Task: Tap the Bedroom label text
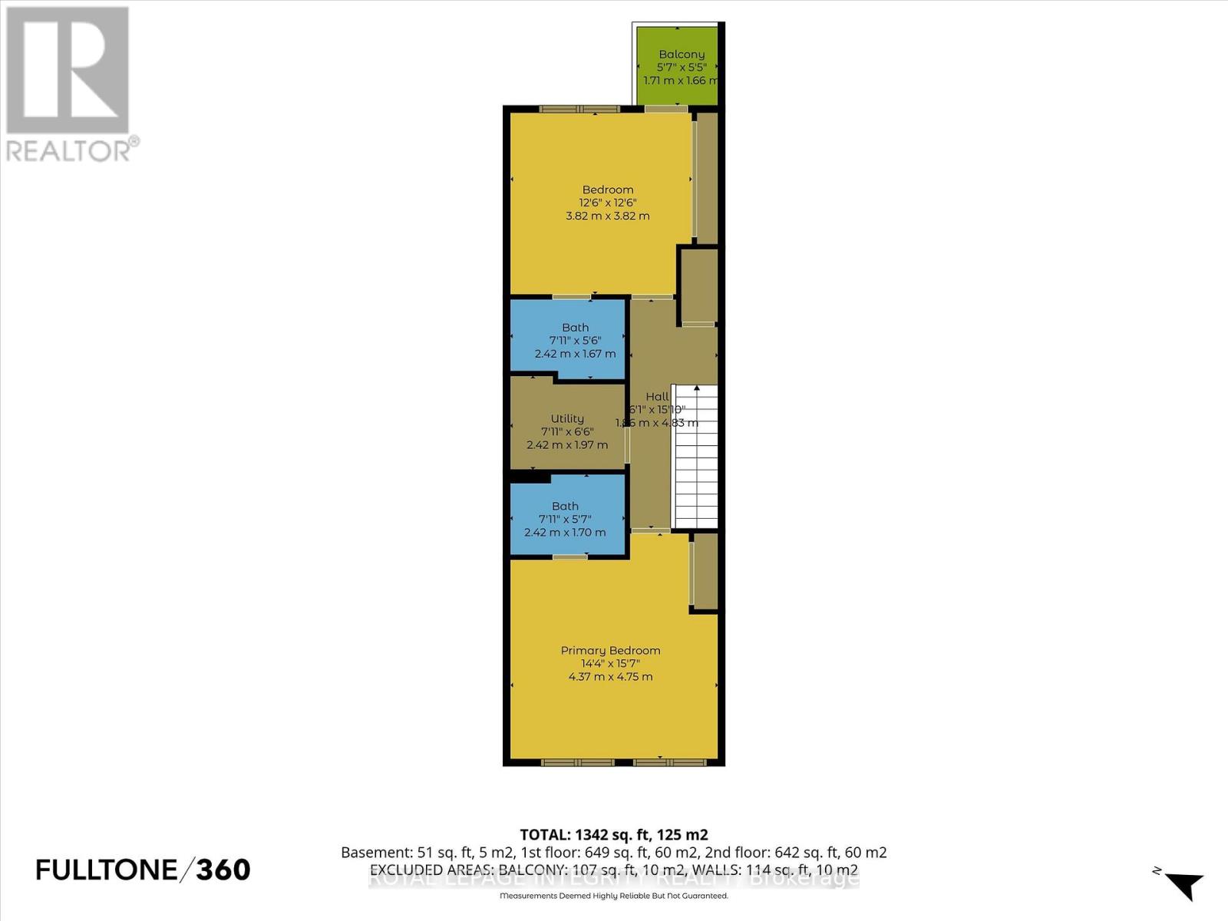[x=608, y=190]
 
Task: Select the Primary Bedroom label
[x=610, y=650]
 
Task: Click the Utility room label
[x=567, y=418]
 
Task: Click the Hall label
[x=657, y=397]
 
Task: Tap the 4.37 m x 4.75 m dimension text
[x=610, y=677]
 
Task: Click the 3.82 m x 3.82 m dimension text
[x=608, y=216]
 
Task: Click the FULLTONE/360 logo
[x=144, y=870]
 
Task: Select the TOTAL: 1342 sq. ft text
[x=613, y=834]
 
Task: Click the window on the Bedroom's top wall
[x=579, y=109]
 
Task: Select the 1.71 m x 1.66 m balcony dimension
[x=681, y=81]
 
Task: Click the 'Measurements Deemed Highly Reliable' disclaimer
[x=613, y=896]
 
